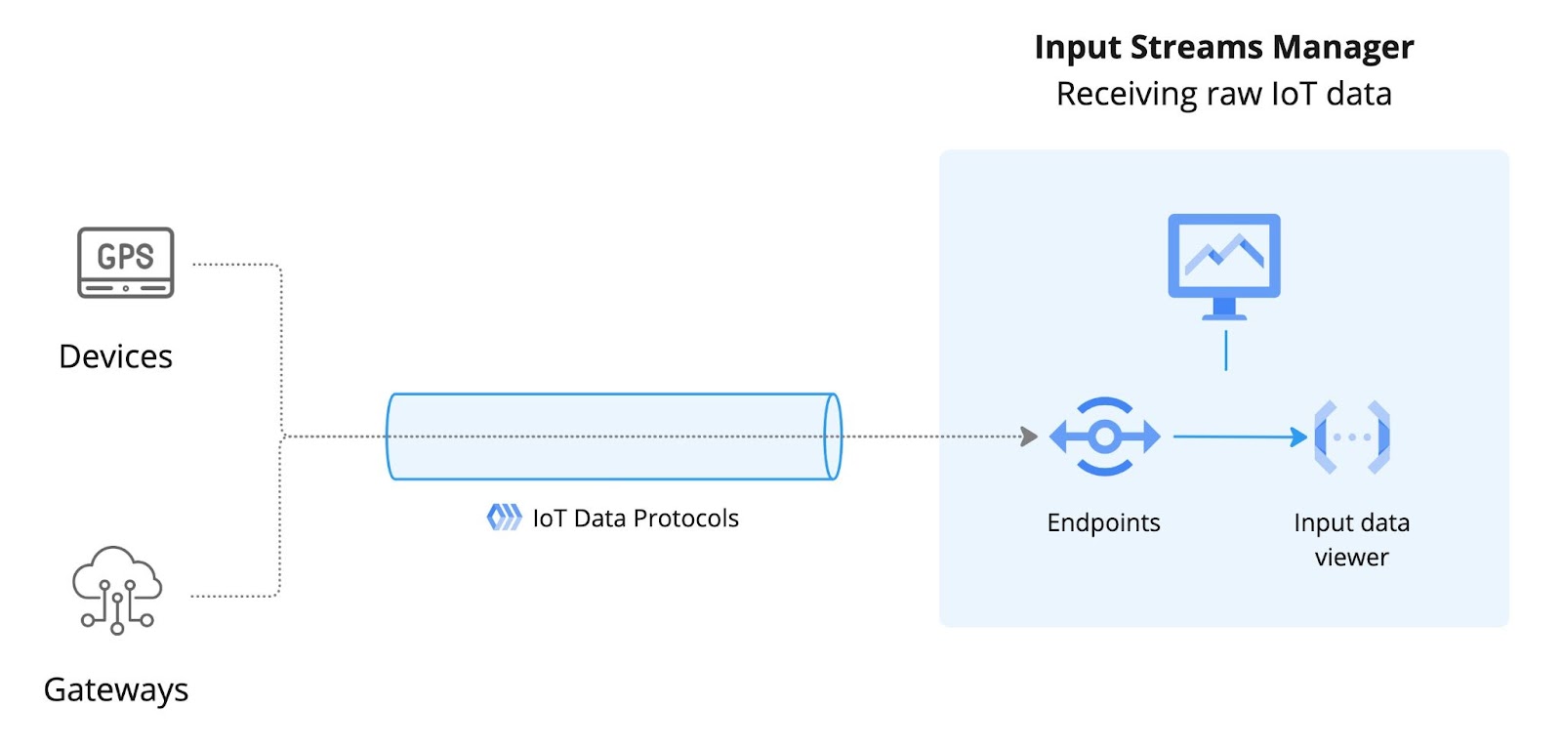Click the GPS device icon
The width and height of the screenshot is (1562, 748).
click(x=126, y=263)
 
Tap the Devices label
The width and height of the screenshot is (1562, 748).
click(x=116, y=356)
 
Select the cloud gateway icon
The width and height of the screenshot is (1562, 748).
click(x=117, y=591)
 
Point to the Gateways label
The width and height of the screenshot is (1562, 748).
click(x=116, y=690)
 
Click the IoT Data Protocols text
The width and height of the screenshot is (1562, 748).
click(x=636, y=519)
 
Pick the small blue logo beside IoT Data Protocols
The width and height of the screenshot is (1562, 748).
click(x=504, y=518)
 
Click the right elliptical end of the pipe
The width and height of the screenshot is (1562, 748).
click(x=833, y=436)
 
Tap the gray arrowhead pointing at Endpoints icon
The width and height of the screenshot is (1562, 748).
click(x=1029, y=436)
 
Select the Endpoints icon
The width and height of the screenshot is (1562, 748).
click(x=1104, y=436)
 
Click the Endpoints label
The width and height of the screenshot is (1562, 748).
click(x=1104, y=522)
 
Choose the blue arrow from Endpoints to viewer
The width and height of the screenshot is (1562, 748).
click(x=1241, y=436)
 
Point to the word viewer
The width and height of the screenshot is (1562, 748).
click(x=1352, y=558)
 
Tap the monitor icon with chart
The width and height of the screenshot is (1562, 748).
click(x=1224, y=267)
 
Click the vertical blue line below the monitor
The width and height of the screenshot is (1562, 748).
click(x=1226, y=351)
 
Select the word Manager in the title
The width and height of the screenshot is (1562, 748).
click(x=1343, y=48)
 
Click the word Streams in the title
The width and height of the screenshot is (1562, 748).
click(x=1196, y=48)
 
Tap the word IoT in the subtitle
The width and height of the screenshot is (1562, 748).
click(x=1295, y=94)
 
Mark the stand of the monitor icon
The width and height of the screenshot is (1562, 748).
click(x=1224, y=310)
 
